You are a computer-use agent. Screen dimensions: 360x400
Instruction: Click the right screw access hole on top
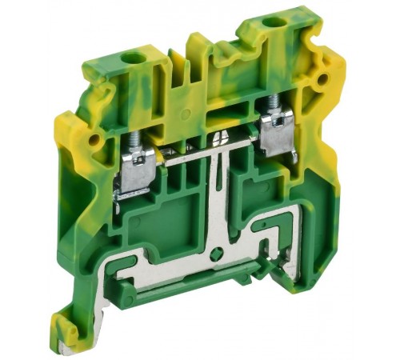[274, 22]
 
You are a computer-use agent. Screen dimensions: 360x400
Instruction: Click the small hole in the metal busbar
[215, 254]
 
